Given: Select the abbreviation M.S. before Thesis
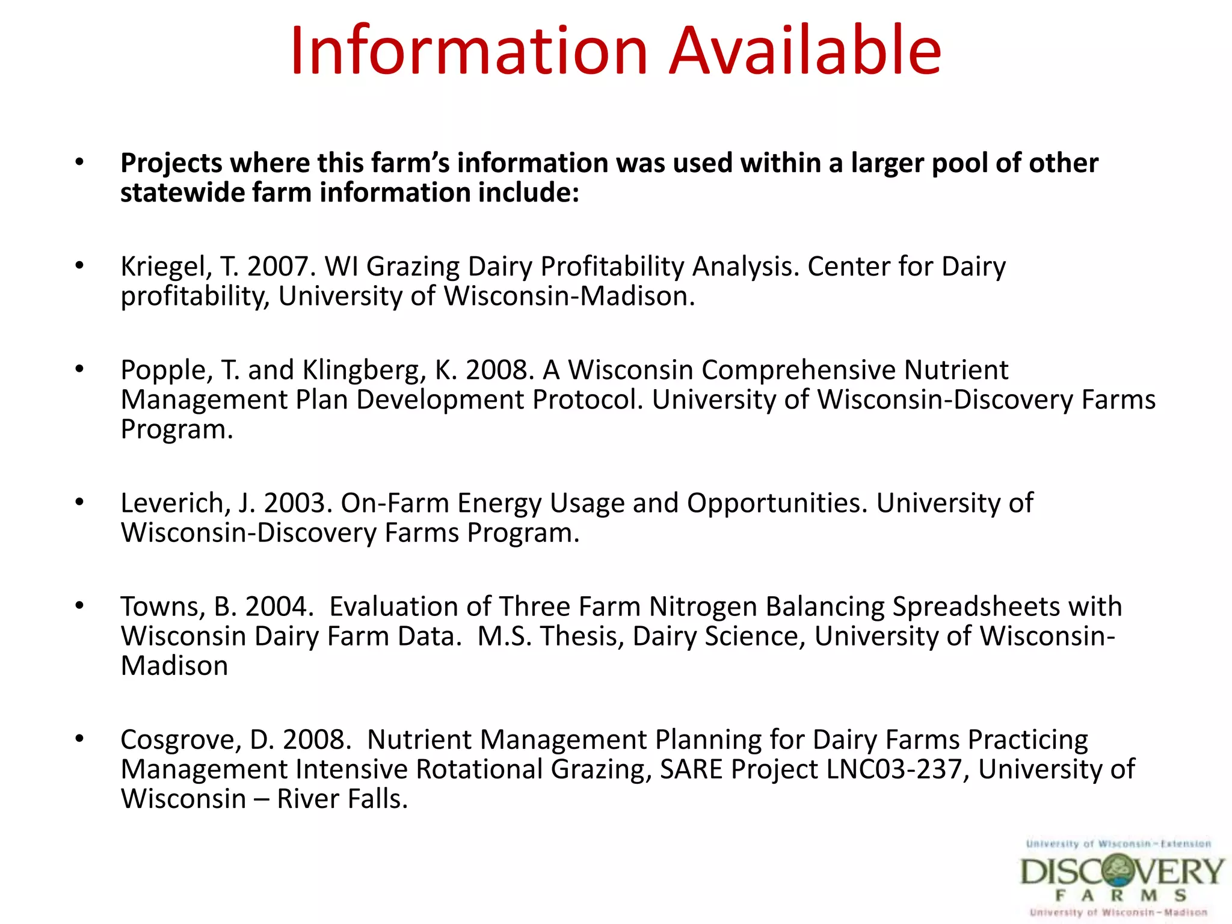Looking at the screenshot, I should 504,636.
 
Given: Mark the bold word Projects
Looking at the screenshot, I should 171,164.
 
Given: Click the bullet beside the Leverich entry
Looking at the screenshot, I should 79,502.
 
